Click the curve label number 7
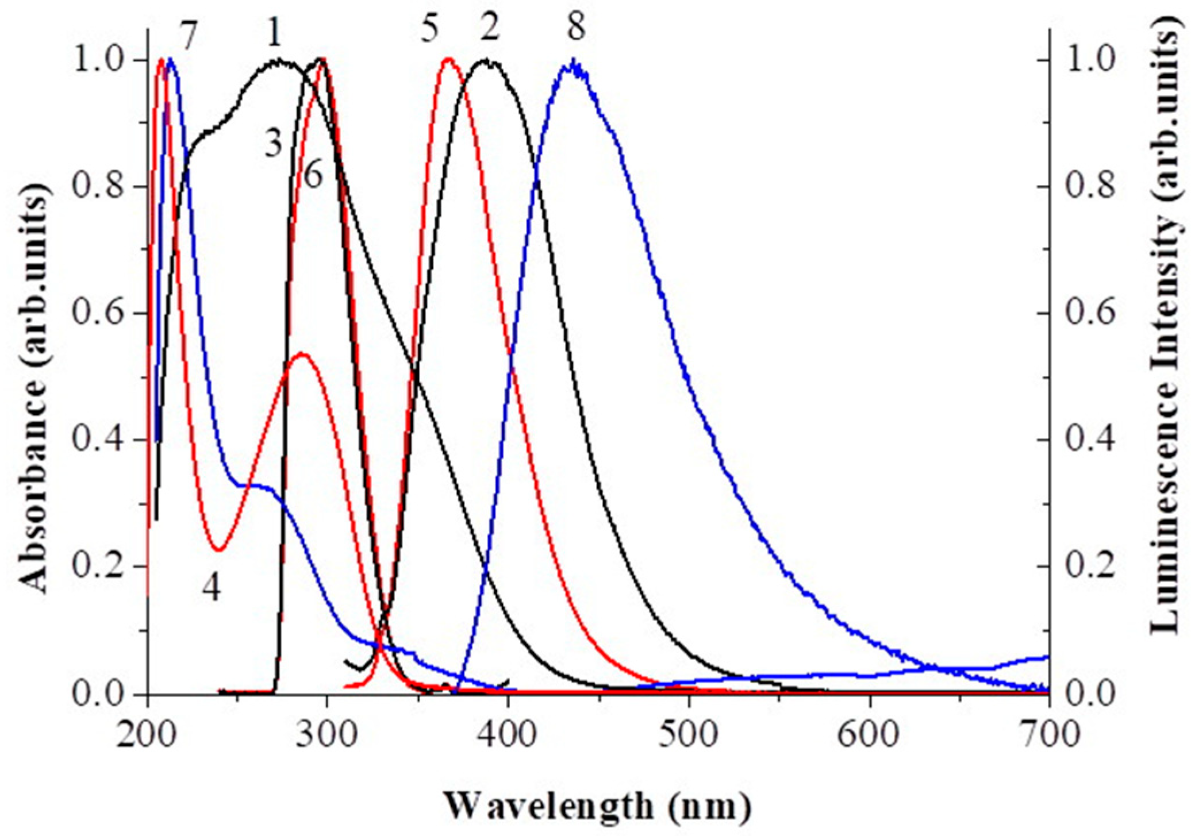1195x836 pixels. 190,38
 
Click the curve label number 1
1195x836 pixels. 275,32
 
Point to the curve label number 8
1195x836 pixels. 577,26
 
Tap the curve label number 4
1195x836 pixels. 212,587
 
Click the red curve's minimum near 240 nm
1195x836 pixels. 219,550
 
